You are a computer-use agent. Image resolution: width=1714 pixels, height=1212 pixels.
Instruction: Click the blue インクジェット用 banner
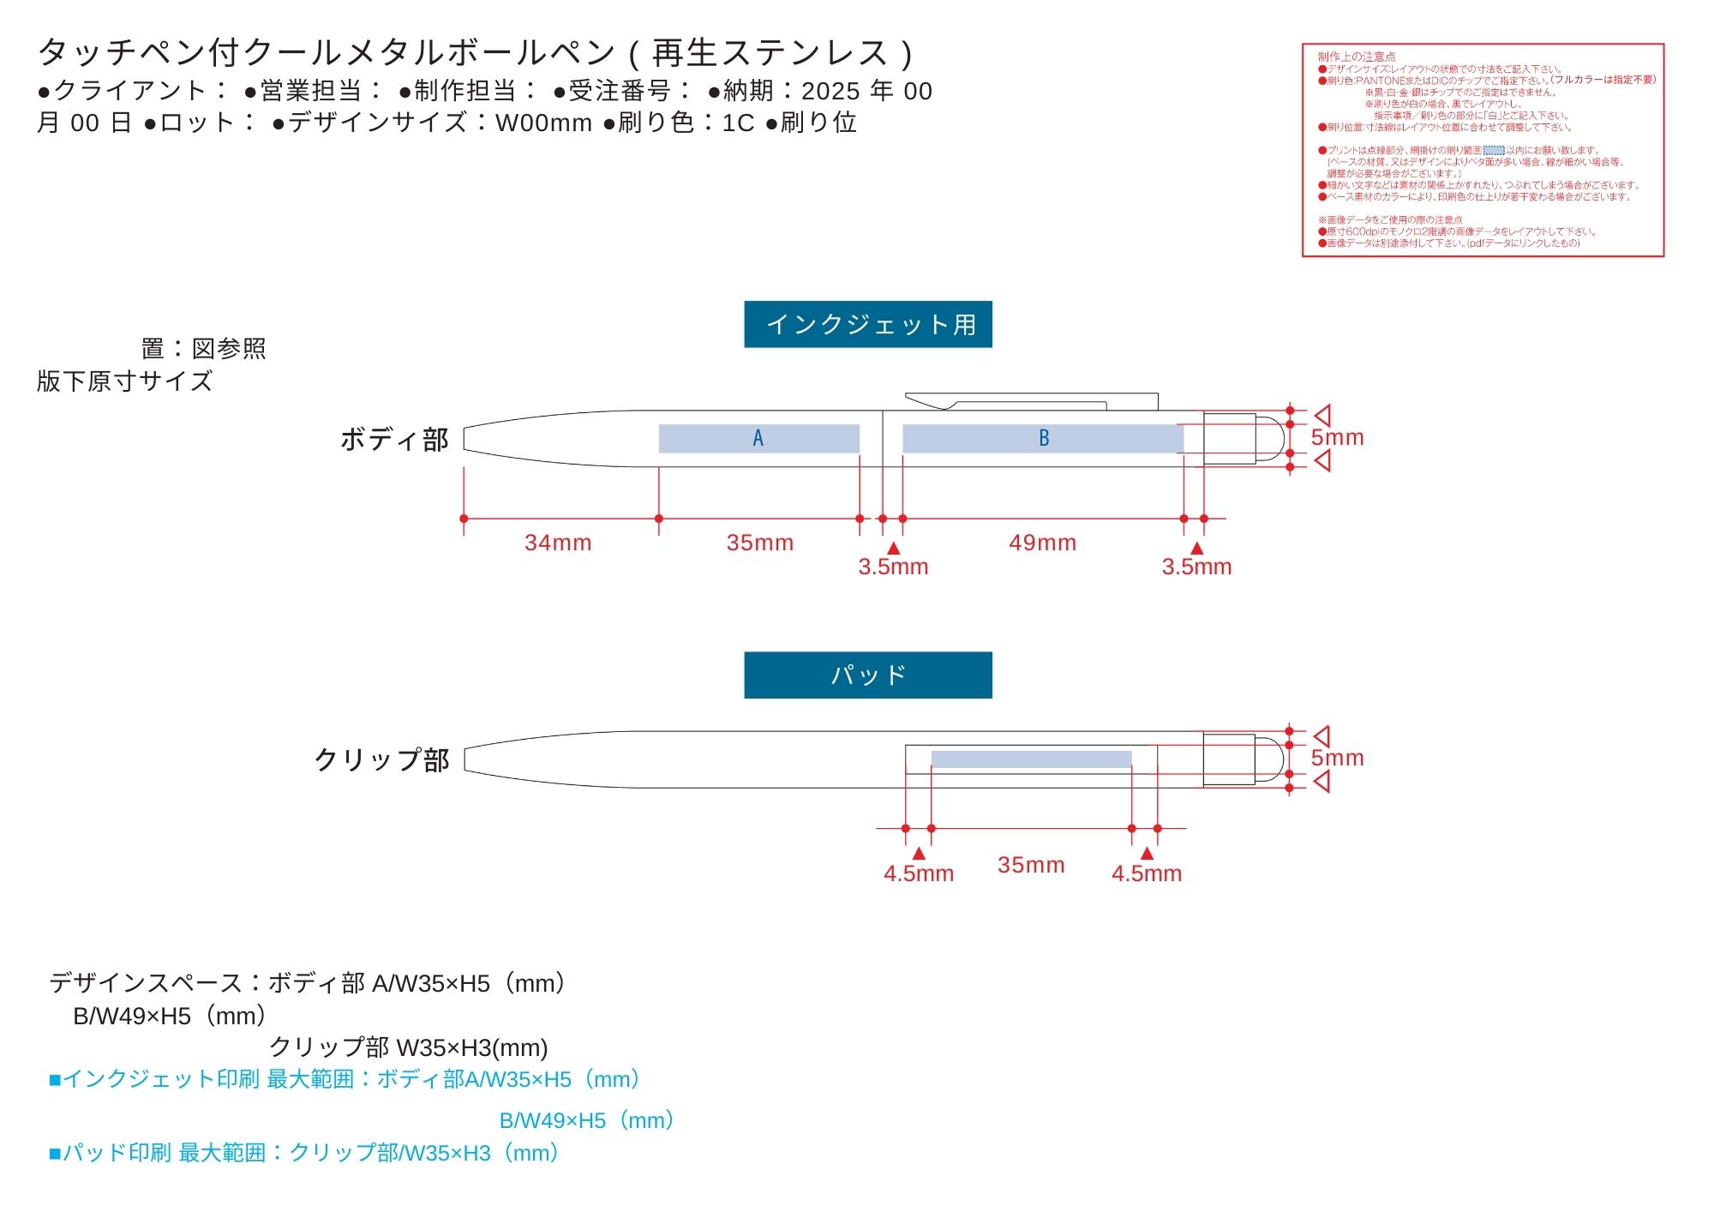coord(867,324)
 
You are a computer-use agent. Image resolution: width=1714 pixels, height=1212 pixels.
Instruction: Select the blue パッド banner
coord(867,675)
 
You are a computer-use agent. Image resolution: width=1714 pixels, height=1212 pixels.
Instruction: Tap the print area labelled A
coord(758,438)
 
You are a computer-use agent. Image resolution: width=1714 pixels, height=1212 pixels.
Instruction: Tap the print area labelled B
coord(1043,438)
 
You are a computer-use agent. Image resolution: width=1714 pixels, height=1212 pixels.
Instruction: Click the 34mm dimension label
coord(558,543)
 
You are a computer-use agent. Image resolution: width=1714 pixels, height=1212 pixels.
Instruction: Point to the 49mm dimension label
coord(1042,543)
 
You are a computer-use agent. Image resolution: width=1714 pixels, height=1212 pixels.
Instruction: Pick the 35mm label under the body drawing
coord(759,543)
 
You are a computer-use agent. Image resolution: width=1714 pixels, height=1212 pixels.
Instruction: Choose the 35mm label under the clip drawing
coord(1031,865)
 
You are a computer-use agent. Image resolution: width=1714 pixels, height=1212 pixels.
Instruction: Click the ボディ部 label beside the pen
coord(394,440)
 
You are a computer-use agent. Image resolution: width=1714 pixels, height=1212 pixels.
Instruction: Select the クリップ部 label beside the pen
coord(381,760)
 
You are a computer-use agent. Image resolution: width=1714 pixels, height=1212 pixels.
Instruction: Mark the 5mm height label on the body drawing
coord(1337,437)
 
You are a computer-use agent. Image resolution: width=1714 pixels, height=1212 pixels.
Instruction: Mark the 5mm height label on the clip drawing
coord(1337,758)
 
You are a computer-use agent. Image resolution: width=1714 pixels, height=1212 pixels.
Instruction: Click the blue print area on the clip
coord(1031,759)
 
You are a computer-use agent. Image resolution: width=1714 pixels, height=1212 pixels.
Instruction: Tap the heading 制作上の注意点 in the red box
coord(1356,57)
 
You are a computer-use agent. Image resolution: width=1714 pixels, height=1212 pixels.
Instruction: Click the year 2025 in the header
coord(830,91)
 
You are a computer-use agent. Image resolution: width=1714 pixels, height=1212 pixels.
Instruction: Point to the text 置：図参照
coord(203,349)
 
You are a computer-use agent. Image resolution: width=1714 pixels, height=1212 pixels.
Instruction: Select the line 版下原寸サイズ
coord(124,381)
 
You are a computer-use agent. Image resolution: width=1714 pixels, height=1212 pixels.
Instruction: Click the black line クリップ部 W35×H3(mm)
coord(408,1047)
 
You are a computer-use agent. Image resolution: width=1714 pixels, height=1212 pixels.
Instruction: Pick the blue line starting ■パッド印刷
coord(304,1153)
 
